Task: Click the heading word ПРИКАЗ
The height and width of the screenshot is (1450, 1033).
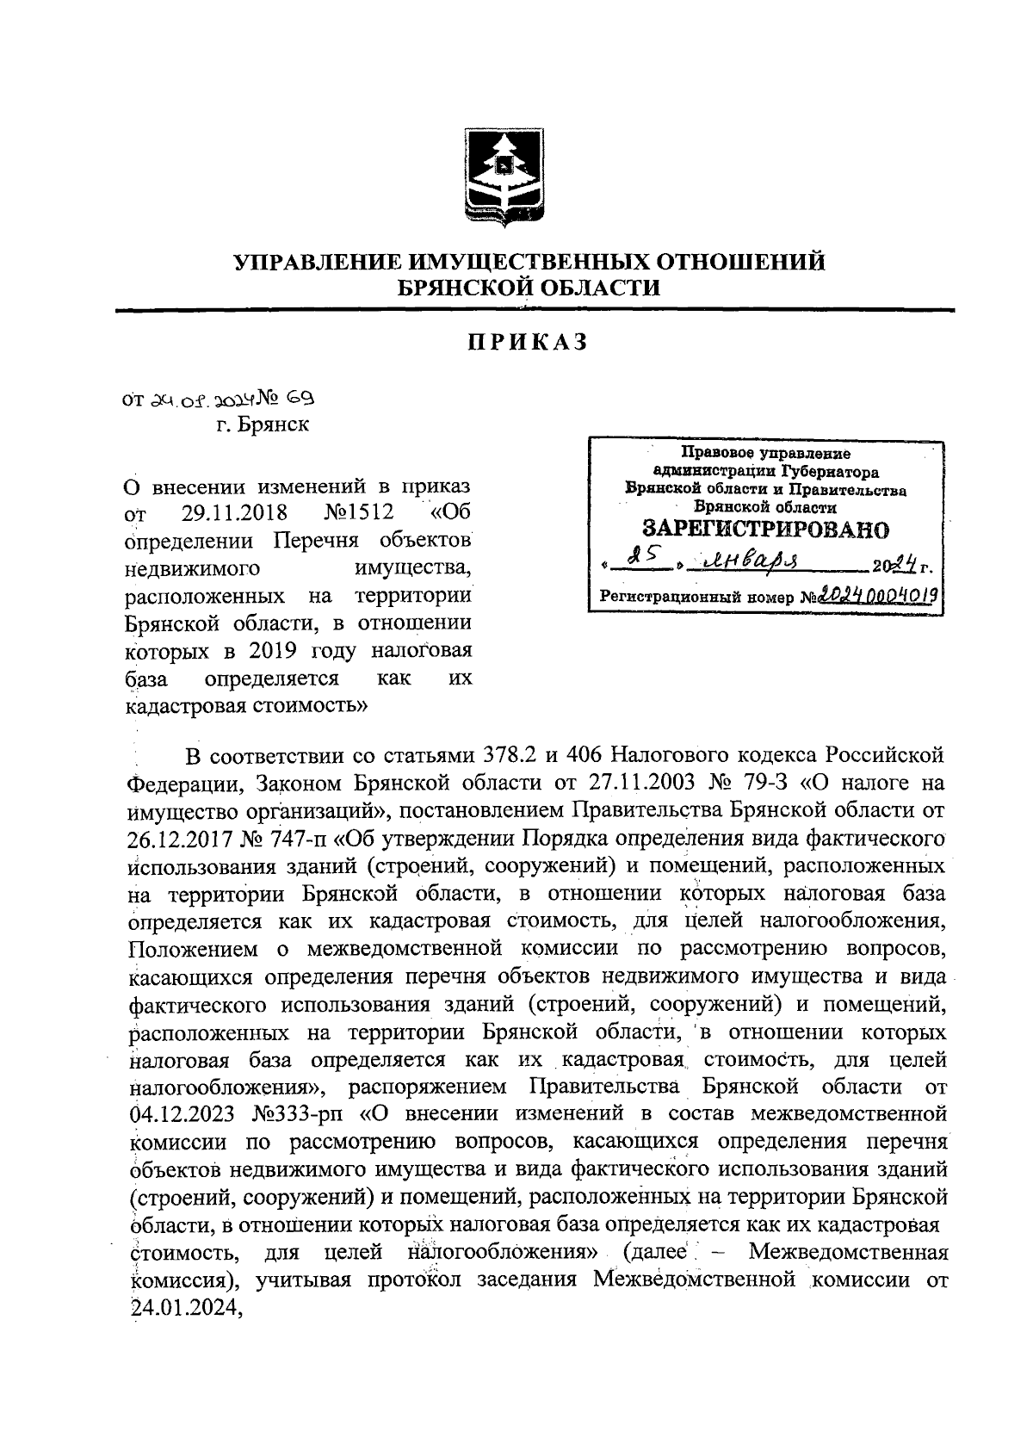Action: pos(528,343)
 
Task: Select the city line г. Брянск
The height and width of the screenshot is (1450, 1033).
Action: pos(263,424)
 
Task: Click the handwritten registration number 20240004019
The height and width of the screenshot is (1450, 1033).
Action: pos(877,594)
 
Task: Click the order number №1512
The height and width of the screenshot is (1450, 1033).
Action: pos(359,514)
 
